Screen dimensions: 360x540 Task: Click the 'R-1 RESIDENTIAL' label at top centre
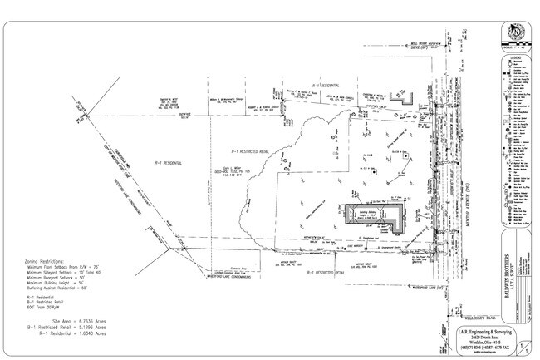click(x=298, y=86)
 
